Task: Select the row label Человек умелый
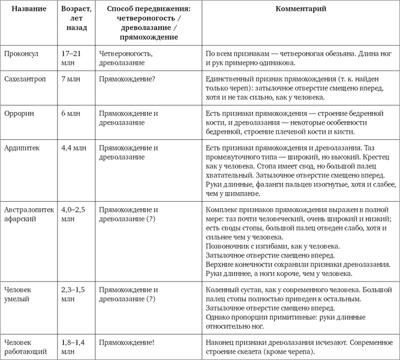point(20,293)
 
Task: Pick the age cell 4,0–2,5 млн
point(75,215)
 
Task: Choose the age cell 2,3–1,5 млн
point(75,293)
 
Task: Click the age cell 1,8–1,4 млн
point(75,346)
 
